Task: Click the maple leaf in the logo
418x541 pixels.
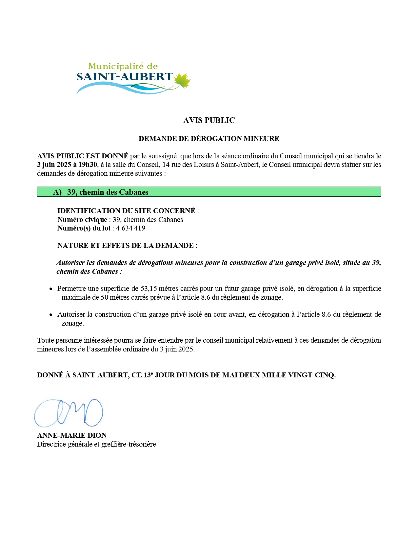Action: (182, 80)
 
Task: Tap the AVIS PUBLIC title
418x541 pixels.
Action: (209, 120)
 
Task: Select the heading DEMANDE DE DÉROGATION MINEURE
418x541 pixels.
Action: (209, 138)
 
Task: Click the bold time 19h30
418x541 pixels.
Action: (88, 165)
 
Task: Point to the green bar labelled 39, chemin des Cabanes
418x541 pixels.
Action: (209, 192)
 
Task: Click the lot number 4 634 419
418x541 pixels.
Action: (130, 228)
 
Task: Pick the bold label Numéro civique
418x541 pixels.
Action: (82, 220)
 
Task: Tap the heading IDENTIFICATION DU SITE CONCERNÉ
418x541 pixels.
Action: (126, 211)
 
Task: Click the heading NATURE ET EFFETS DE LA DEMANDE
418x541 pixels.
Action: (125, 246)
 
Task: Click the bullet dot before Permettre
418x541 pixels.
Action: (51, 289)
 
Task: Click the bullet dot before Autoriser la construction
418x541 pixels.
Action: (51, 315)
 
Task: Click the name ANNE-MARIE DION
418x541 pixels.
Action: (72, 435)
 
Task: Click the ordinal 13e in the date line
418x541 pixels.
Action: (148, 375)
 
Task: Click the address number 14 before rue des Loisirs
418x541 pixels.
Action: (166, 165)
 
